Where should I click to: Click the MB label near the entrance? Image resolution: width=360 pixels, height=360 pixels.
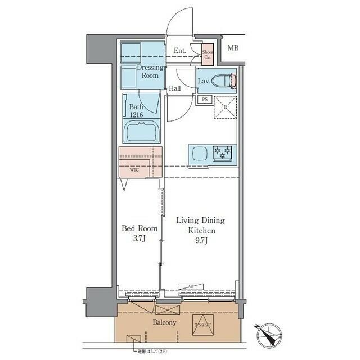(233, 48)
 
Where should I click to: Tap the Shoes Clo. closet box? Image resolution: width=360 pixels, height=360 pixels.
(208, 53)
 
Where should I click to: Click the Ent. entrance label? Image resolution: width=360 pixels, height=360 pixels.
(180, 51)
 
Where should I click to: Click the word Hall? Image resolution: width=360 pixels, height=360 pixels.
(175, 88)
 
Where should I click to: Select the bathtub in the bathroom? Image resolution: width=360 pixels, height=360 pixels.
(142, 133)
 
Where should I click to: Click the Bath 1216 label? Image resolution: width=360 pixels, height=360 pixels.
(137, 110)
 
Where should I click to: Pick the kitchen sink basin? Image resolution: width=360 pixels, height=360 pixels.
(200, 153)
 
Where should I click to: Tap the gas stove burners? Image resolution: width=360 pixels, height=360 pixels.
(223, 151)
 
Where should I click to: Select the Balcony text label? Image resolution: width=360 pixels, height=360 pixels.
(165, 322)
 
